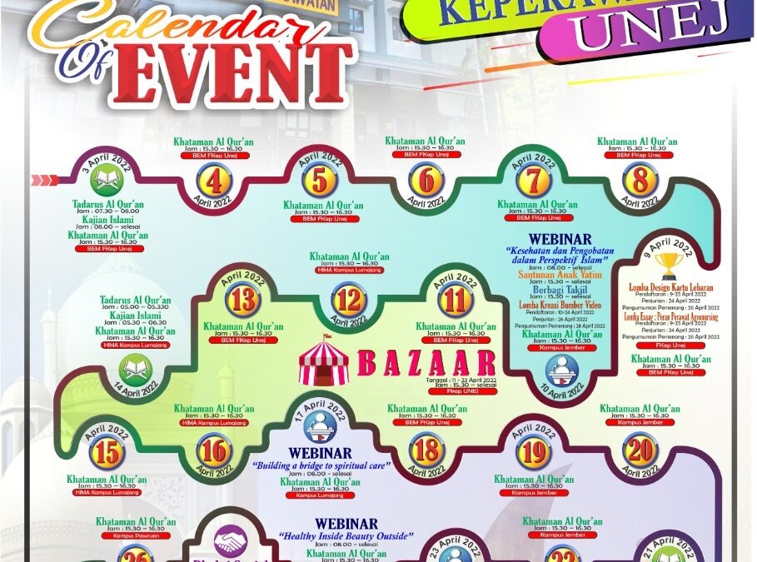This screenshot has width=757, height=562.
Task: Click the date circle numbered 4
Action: pos(214,181)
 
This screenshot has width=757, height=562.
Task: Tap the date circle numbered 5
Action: pos(320,180)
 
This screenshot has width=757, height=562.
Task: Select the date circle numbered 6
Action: pos(426,180)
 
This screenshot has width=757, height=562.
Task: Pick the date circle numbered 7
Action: pos(533,180)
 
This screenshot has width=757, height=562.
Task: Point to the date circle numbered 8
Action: pos(640,180)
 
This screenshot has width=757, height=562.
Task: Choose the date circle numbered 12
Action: pos(349,298)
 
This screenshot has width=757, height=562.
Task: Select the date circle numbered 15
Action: pos(109,453)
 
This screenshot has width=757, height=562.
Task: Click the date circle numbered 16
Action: pos(214,450)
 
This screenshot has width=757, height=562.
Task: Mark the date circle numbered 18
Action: pos(426,450)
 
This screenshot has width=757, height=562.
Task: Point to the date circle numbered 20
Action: pos(640,450)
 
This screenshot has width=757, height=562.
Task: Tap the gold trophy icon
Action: pos(669,265)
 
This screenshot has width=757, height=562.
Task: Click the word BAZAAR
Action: pos(426,363)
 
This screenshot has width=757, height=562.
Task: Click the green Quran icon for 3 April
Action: pos(107,180)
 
